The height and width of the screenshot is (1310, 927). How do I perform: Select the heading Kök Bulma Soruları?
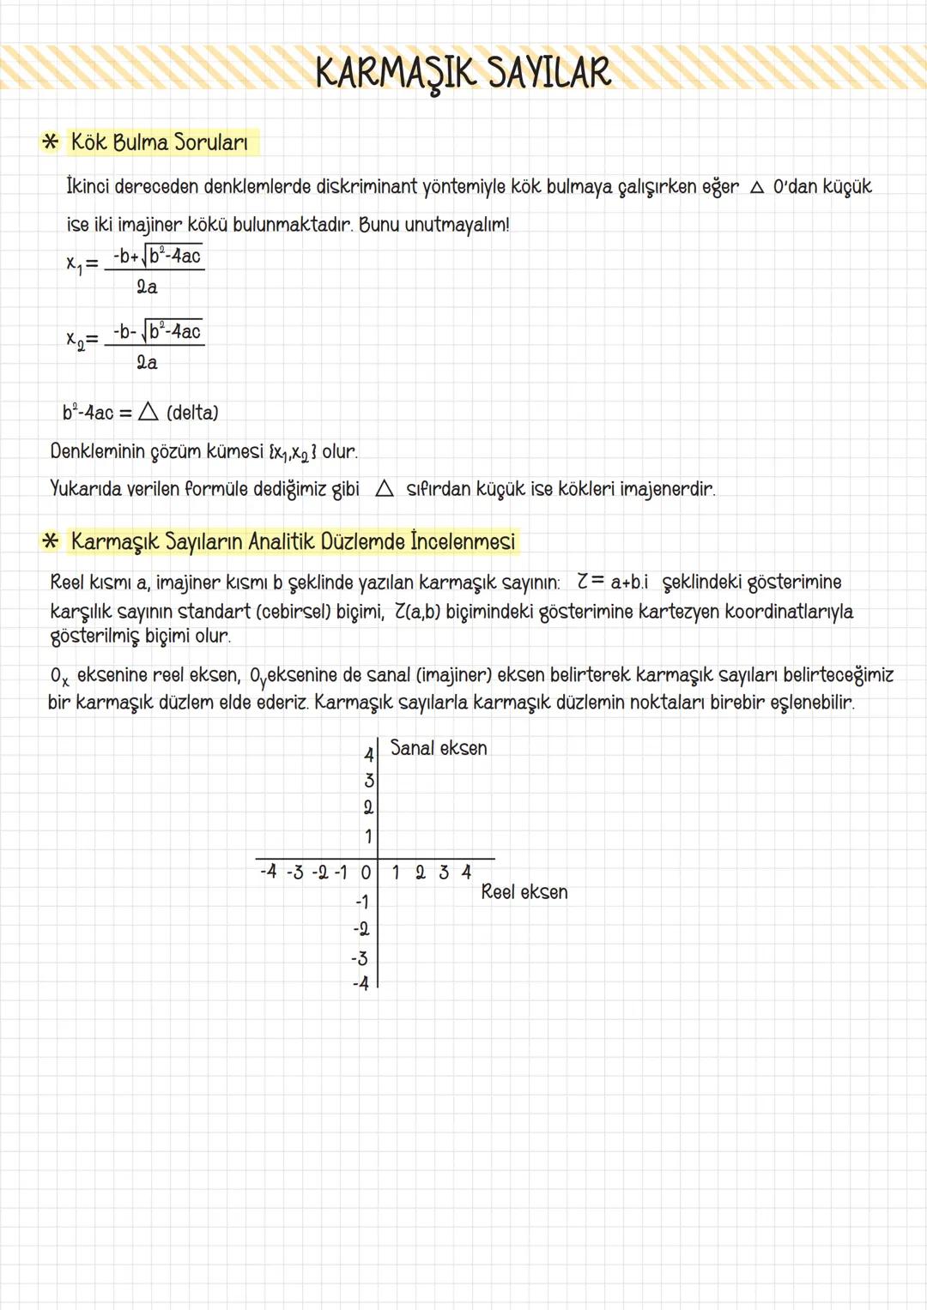click(x=160, y=142)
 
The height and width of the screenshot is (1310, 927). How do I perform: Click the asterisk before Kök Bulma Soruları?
click(x=51, y=142)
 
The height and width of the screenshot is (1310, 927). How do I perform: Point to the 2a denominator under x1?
click(x=147, y=287)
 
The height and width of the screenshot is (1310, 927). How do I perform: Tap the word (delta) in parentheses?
click(x=192, y=413)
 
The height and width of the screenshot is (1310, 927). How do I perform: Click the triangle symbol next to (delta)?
click(x=148, y=413)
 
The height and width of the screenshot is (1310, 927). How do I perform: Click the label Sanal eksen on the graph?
click(x=439, y=748)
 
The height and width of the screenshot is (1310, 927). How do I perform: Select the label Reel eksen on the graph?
click(x=524, y=892)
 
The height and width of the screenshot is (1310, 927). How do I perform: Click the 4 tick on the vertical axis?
click(x=368, y=755)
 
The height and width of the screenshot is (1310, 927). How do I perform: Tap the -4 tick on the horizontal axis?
click(x=269, y=872)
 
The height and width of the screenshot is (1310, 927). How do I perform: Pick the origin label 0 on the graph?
click(x=366, y=873)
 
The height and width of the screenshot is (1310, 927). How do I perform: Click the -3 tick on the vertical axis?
click(x=360, y=958)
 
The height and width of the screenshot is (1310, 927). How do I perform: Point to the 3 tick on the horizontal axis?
click(x=444, y=872)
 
